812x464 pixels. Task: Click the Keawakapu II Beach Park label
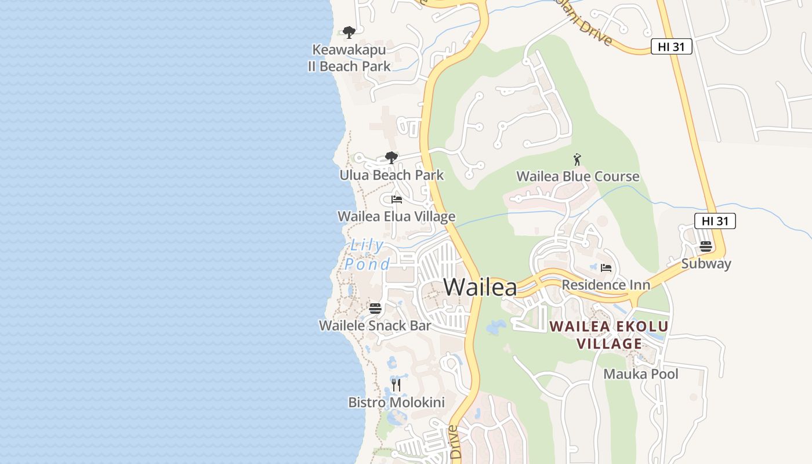click(349, 58)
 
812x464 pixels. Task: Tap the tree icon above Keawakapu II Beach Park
click(349, 32)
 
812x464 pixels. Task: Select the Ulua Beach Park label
click(391, 175)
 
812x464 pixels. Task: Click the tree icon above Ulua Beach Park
click(391, 157)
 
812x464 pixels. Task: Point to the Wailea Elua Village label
click(396, 217)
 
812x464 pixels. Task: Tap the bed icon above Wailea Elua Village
click(397, 200)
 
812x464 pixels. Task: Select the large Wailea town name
click(480, 287)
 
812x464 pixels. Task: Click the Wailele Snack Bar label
click(375, 325)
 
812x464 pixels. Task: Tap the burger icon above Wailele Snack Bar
click(375, 308)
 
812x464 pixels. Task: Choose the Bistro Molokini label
click(396, 403)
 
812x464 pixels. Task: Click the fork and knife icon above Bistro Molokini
click(396, 385)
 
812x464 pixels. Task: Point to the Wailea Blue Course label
click(578, 176)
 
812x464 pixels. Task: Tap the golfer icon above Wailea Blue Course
click(577, 159)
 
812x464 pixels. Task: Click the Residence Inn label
click(606, 285)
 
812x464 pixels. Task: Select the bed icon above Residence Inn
click(606, 268)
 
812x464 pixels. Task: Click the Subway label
click(706, 264)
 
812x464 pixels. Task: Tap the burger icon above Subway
click(706, 246)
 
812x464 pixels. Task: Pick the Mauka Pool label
click(640, 374)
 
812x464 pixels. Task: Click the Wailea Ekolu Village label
click(609, 335)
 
